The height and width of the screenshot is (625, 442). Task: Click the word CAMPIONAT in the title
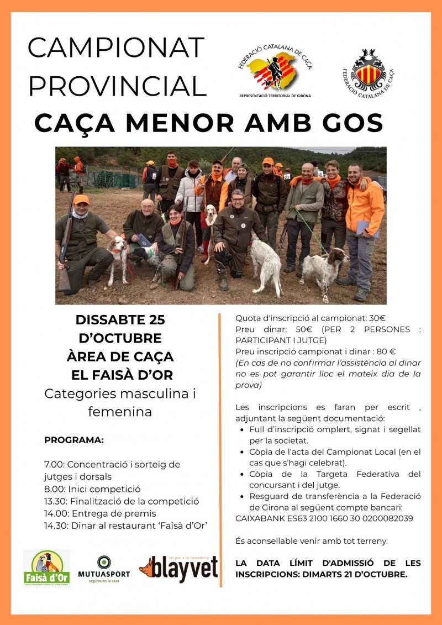coord(116,48)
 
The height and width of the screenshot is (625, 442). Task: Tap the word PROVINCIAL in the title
coord(117,86)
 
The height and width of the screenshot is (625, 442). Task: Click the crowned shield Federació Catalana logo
coord(368,72)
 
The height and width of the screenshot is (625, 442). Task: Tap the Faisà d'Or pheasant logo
coord(46,568)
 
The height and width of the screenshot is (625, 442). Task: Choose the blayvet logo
coord(178,568)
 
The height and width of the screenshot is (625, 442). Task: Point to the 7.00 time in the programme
coord(53,465)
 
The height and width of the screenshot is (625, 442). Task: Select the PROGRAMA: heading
coord(74,440)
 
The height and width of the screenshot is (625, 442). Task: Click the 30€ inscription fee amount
coord(376,318)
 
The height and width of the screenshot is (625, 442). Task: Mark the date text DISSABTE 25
coord(120,320)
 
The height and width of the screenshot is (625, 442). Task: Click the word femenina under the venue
coord(120,412)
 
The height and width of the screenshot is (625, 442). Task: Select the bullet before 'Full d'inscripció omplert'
coord(244,429)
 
